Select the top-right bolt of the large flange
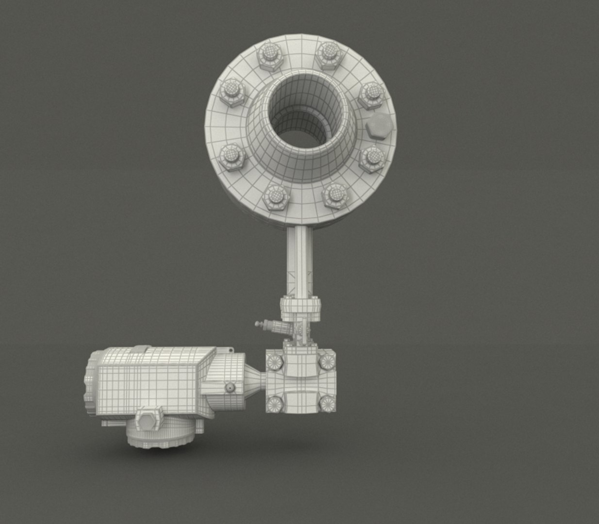tap(328, 54)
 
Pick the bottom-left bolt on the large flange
tap(275, 197)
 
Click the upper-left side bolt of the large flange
tap(233, 93)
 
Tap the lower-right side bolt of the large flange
tap(373, 158)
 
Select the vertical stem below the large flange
tap(298, 262)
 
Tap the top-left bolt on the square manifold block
tap(275, 361)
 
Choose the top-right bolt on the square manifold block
tap(327, 360)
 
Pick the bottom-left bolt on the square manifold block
tap(275, 403)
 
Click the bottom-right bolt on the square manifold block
tap(327, 402)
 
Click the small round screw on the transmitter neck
tap(229, 388)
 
